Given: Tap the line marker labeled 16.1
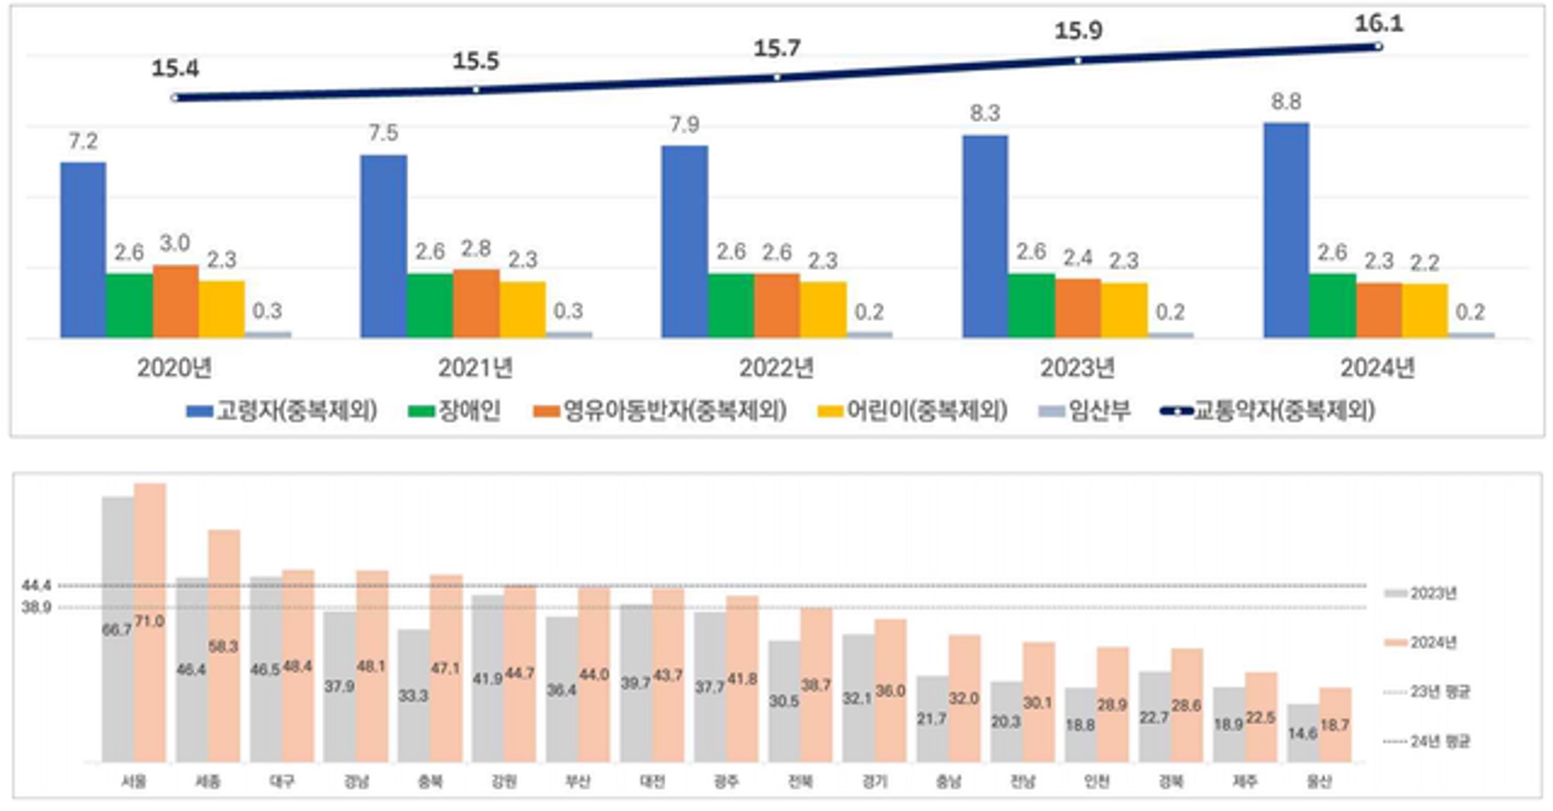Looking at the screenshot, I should [1379, 47].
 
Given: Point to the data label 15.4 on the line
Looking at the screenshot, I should [175, 68].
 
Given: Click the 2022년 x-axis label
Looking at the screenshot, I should [776, 368].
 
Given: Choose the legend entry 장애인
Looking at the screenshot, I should [455, 411].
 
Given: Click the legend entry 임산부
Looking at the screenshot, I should [1086, 411].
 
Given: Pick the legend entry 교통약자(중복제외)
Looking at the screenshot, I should [1269, 411].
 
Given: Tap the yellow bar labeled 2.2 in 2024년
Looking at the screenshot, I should [1425, 310].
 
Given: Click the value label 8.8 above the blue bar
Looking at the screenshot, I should [1286, 102].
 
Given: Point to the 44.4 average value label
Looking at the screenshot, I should [36, 585].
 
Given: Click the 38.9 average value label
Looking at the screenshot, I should [36, 607].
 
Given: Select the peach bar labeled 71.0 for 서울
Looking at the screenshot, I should [150, 621].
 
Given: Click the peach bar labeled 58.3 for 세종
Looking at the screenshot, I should [224, 645].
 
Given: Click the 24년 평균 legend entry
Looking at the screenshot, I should [1426, 741].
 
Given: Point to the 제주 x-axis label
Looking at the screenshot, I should [1245, 781].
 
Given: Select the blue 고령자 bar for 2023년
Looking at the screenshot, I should [985, 236].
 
